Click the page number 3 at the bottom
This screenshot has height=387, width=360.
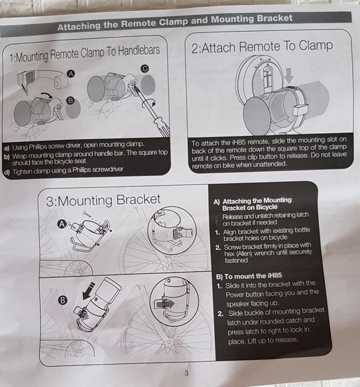coord(186,373)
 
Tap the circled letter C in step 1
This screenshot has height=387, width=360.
coord(145,69)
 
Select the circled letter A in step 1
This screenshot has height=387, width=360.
coord(71,74)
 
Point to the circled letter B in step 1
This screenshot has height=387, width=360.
coord(70,101)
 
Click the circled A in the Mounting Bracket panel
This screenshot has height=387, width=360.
coord(62,224)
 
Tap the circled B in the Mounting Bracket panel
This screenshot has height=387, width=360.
coord(62,300)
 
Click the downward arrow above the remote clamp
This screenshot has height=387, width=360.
coord(289,75)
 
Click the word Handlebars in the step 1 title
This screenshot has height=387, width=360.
coord(139,51)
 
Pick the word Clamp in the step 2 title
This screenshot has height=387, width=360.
coord(316,46)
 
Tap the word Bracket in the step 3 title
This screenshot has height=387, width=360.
coord(138,200)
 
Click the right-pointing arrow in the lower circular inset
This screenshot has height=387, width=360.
coord(164,304)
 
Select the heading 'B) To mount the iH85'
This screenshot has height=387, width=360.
coord(249,276)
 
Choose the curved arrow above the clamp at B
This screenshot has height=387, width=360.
coord(47,94)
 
